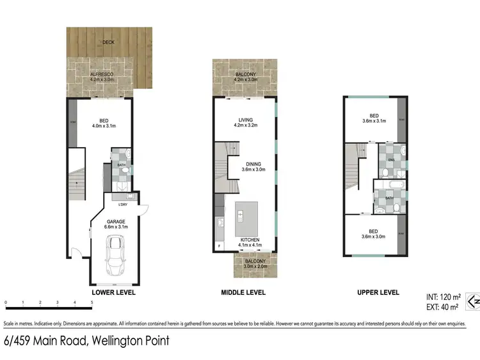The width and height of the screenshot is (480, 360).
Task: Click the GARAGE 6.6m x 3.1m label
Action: (x=116, y=223)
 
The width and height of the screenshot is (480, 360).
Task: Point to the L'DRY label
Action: (x=122, y=205)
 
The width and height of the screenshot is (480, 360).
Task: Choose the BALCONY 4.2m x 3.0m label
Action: (x=246, y=77)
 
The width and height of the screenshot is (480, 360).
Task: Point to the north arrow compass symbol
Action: (x=472, y=299)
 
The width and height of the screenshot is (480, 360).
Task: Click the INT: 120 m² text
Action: (x=442, y=297)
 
